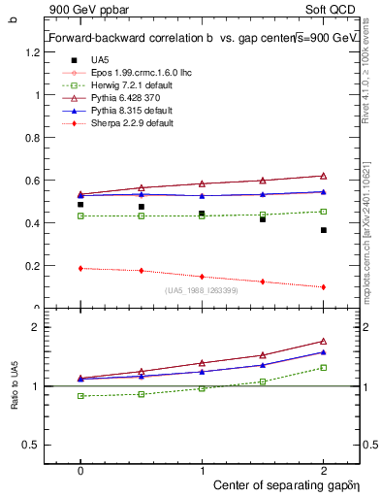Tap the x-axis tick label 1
tap(202, 468)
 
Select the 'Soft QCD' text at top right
tap(333, 9)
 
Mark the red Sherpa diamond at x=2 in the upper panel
tap(323, 286)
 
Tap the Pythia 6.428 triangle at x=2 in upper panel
tap(323, 176)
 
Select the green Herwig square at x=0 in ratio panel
tap(80, 396)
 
